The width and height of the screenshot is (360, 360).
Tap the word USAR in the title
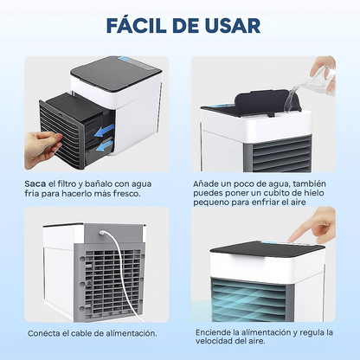tap(233, 25)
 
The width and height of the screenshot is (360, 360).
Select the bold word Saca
tap(35, 183)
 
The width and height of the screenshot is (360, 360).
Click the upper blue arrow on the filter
tap(104, 131)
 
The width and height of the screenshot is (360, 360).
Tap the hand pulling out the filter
tap(42, 150)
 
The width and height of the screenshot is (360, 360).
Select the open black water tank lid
tap(267, 102)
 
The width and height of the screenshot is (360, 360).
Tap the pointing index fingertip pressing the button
tap(292, 239)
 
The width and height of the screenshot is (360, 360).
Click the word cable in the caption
tap(81, 333)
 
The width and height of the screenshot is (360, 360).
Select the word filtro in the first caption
tap(67, 183)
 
